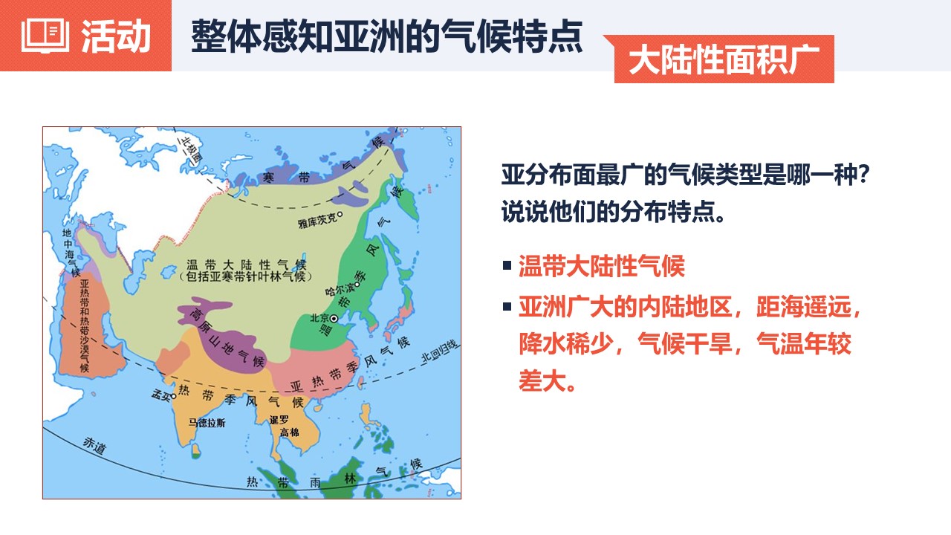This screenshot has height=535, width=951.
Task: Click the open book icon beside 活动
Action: point(45,35)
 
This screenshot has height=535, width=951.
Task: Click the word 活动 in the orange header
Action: point(117,36)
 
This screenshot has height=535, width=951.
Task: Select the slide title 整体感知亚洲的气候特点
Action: point(387,36)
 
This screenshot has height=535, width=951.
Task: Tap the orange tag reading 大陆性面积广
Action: point(724,59)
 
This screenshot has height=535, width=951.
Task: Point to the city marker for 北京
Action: point(334,319)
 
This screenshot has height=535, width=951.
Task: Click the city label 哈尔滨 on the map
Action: point(340,289)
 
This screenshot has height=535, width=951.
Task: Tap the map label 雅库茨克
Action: point(317,221)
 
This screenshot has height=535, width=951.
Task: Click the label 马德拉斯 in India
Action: point(207,423)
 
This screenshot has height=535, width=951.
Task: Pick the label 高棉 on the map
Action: point(289,432)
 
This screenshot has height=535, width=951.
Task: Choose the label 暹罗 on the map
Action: point(279,420)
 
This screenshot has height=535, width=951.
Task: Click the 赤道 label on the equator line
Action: point(94,445)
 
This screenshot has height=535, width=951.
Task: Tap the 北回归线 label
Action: point(440,352)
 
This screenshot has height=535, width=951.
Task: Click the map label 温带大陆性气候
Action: point(246,265)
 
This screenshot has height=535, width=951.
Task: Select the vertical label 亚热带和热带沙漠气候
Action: point(85,325)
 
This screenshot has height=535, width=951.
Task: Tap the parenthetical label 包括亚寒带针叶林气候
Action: point(246,277)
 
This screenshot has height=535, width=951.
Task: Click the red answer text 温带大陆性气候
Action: point(602,266)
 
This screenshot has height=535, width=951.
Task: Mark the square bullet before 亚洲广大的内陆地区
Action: point(507,307)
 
